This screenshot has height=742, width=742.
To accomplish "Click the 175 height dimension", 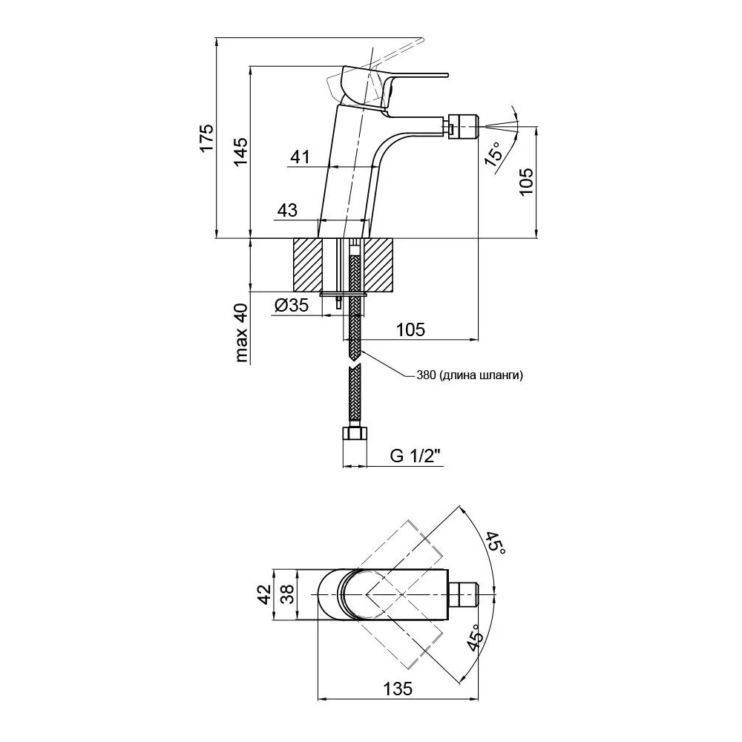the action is click(206, 138).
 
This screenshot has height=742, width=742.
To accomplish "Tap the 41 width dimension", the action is click(300, 157).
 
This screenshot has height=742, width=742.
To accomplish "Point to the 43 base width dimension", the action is click(287, 210).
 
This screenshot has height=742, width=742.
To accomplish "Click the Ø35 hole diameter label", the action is click(291, 305).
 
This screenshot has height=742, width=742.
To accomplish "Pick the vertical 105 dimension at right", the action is click(526, 182).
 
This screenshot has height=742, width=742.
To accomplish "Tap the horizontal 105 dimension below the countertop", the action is click(410, 329).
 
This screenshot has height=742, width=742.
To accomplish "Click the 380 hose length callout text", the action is click(470, 375).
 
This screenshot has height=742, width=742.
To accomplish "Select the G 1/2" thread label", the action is click(415, 456).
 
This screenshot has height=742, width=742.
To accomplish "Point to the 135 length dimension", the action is click(398, 689).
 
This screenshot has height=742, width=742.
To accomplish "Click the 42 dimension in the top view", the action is click(265, 594).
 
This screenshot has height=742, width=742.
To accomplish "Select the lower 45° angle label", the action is click(475, 637).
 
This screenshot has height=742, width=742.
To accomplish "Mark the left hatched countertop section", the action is click(308, 265).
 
